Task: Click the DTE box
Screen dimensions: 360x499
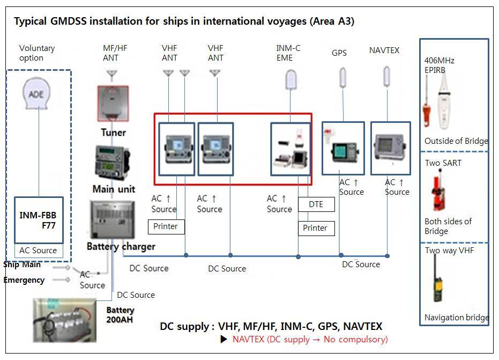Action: coord(316,204)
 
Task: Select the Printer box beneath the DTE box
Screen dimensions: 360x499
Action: coord(316,228)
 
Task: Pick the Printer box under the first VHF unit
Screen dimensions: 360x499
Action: coord(166,226)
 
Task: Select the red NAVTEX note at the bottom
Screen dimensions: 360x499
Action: coord(310,339)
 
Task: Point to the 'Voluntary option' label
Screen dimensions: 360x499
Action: coord(37,53)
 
